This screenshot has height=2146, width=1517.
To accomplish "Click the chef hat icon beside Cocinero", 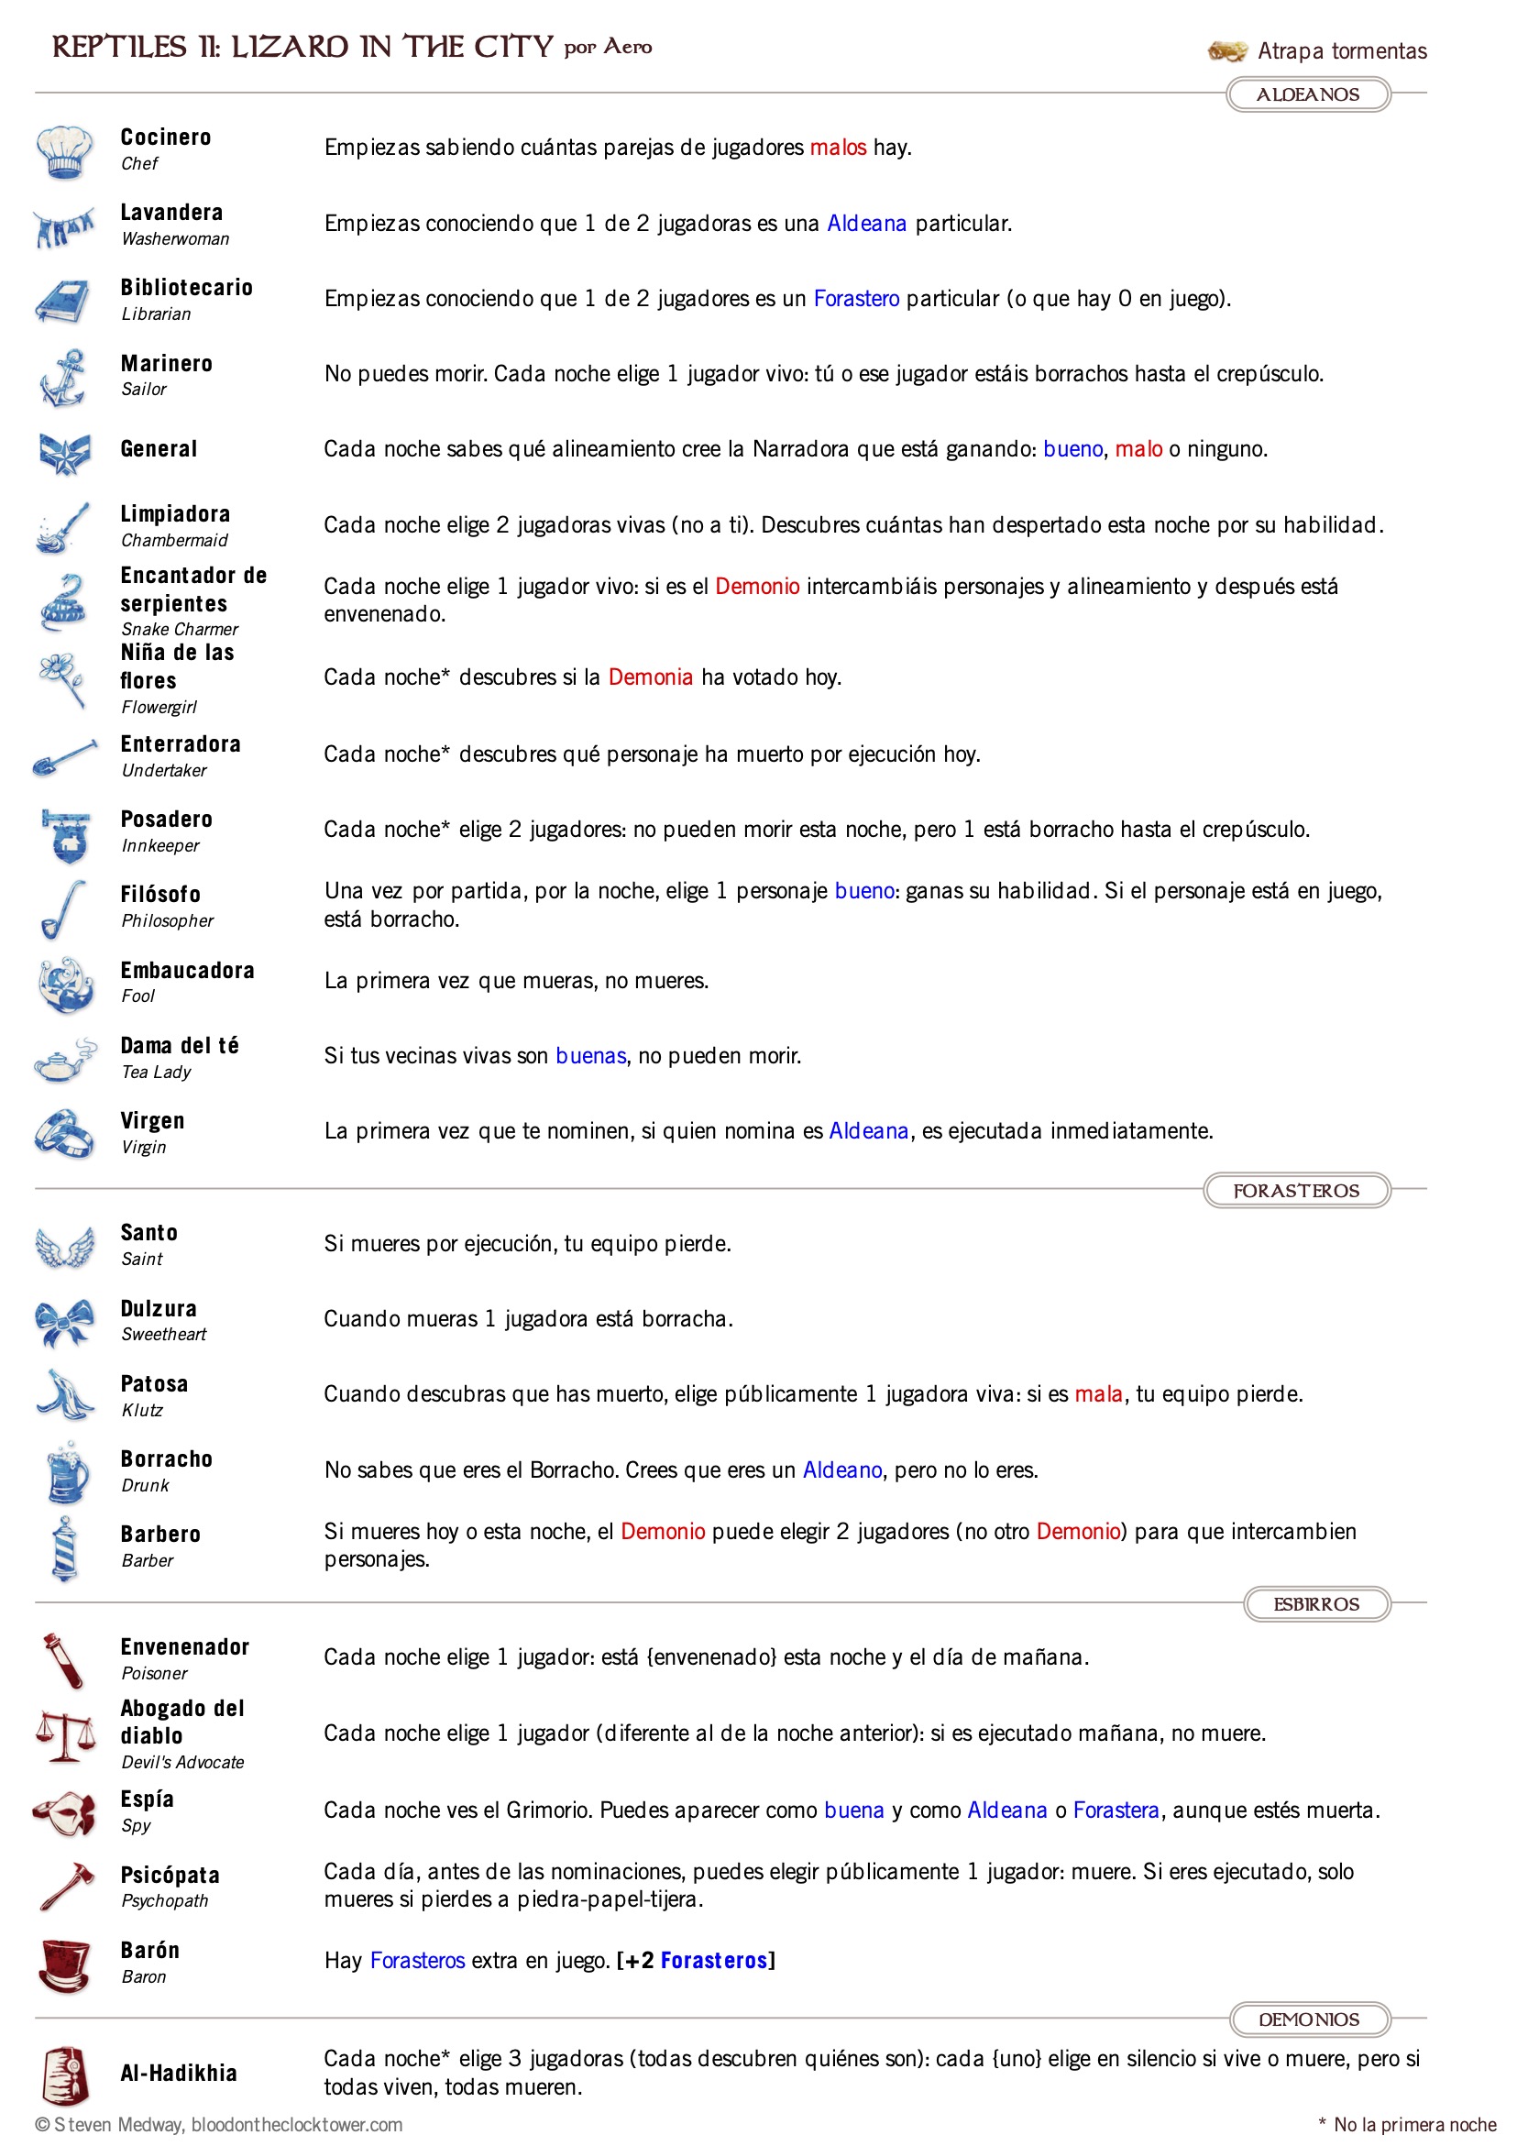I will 64,151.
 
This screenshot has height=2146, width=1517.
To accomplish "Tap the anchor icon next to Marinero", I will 64,377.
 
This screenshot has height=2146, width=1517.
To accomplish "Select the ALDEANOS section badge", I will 1307,94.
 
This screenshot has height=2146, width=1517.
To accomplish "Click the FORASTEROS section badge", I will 1295,1190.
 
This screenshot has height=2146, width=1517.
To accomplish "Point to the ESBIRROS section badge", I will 1315,1604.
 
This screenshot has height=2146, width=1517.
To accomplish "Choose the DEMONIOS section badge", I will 1309,2019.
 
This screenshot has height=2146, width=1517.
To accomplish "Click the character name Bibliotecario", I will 186,288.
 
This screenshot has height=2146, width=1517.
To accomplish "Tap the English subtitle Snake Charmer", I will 180,629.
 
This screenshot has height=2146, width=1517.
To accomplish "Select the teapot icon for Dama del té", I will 64,1060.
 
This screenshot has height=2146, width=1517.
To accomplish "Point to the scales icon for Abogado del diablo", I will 64,1735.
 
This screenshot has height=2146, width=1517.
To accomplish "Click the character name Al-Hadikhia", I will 179,2073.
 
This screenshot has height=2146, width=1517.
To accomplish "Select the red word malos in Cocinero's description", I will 838,148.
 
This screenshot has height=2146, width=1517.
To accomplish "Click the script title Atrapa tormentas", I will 1341,50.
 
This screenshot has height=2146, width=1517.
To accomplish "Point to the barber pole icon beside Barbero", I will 64,1547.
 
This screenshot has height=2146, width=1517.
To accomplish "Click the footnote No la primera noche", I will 1414,2125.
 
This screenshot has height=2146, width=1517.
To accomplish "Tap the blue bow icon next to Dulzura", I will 64,1322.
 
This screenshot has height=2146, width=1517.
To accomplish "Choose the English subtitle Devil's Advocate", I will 183,1762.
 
